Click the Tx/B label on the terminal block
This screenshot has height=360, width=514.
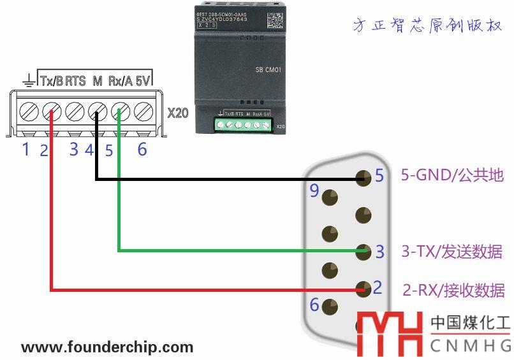(x=52, y=81)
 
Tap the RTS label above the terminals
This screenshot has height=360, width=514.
(x=75, y=81)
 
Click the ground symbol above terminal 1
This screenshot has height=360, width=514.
(x=28, y=80)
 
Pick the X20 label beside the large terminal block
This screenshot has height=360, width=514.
(x=178, y=113)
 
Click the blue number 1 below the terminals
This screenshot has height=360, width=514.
(x=26, y=150)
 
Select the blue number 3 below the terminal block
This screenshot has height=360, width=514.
(x=74, y=150)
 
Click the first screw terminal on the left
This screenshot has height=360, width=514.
(x=28, y=113)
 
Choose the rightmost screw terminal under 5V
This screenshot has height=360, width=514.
(x=142, y=113)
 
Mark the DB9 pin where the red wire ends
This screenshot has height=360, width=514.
(x=363, y=289)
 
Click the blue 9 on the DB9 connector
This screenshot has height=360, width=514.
(x=314, y=190)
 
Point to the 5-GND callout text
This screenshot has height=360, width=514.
(x=452, y=175)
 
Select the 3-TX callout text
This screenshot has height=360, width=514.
(x=452, y=252)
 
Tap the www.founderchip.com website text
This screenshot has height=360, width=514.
(x=107, y=347)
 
